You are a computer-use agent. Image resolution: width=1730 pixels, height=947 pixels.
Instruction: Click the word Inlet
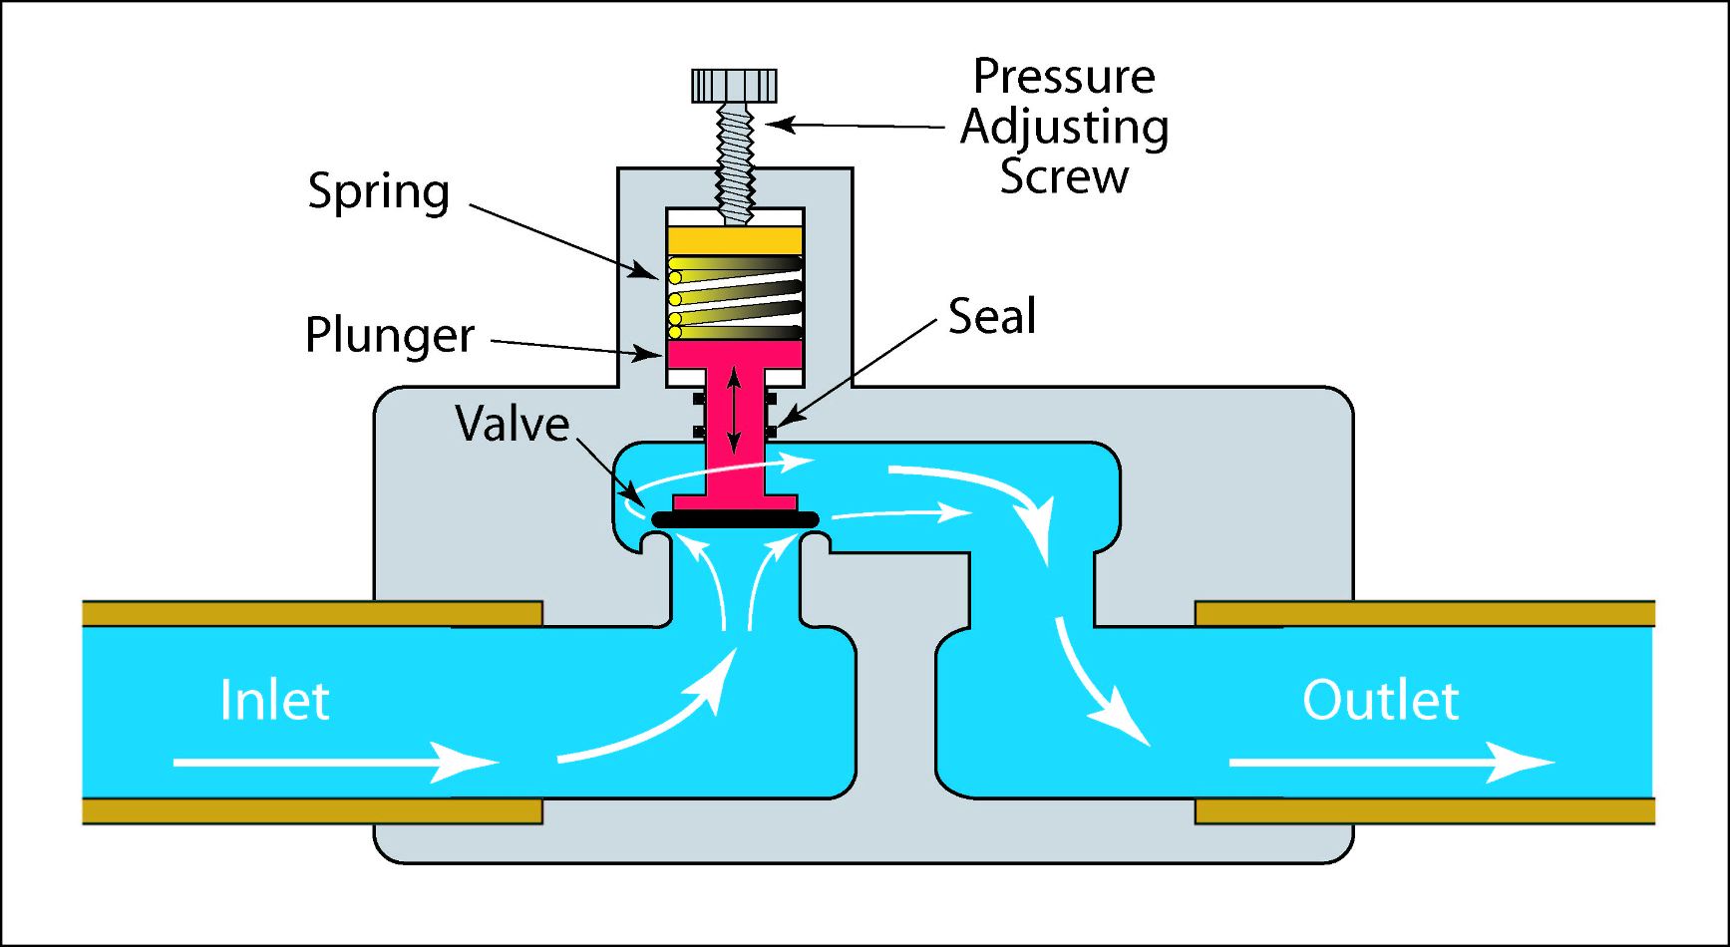pos(274,700)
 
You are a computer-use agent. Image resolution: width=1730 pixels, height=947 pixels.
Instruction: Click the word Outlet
pos(1380,700)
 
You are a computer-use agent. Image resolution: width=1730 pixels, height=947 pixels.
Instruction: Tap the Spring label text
pos(378,190)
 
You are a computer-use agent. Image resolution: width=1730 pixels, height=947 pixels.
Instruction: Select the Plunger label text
pos(390,335)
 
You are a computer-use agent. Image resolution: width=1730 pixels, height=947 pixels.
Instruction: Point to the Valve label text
pos(512,424)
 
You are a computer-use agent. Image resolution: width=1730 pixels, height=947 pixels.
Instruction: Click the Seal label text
pos(991,316)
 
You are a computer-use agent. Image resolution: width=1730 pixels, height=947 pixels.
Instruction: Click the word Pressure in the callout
pos(1063,77)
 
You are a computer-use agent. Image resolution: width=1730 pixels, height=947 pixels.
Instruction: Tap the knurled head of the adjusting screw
pos(735,86)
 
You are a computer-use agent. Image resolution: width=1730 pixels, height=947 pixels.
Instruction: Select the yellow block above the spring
pos(735,240)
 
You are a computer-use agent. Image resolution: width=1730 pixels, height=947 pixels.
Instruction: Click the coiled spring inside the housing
pos(735,297)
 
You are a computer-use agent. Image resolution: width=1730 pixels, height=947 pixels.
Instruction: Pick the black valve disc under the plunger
pos(735,519)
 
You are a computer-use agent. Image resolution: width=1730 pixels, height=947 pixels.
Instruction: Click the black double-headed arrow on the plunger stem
pos(735,410)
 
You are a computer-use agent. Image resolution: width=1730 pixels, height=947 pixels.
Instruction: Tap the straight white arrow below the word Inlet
pos(334,763)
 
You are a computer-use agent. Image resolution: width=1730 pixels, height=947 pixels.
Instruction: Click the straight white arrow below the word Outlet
pos(1391,763)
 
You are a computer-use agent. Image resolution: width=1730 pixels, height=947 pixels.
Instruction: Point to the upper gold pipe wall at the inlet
pos(311,613)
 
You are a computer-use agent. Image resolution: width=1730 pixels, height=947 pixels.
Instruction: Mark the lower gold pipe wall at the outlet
pos(1424,810)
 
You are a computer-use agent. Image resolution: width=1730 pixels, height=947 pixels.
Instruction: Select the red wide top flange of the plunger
pos(735,353)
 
